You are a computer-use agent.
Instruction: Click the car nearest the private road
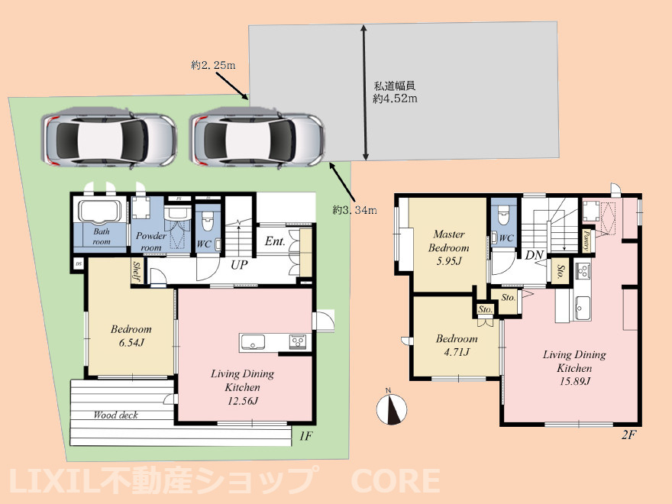(x=258, y=139)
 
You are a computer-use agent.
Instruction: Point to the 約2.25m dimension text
(x=213, y=66)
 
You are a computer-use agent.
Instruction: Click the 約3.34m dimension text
(x=355, y=209)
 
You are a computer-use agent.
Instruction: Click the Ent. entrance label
(x=274, y=242)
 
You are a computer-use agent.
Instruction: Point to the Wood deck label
(x=115, y=415)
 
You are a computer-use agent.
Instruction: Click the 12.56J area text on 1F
(x=242, y=401)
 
